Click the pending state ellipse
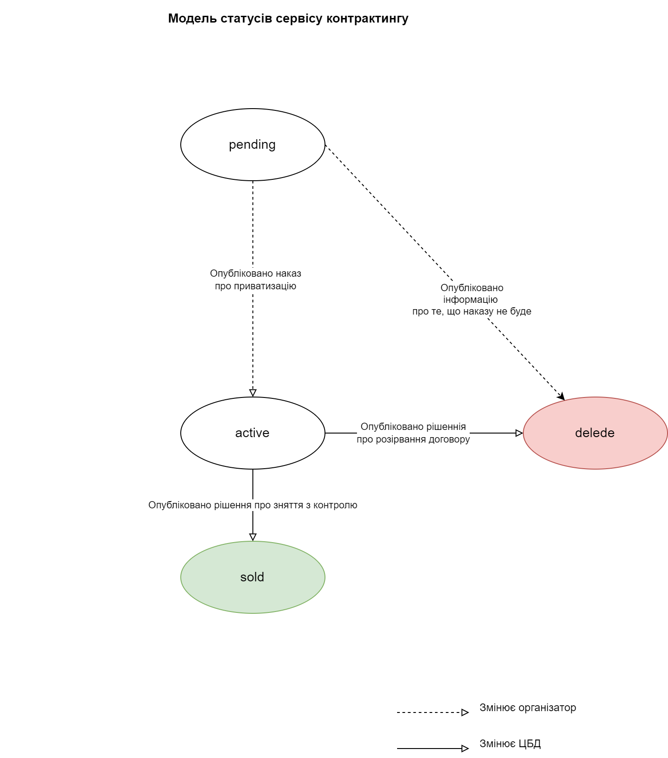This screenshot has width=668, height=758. pos(252,145)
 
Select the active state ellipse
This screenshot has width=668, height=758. pos(252,433)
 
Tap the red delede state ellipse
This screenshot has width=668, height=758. pos(595,433)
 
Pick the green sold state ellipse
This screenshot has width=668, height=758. pos(252,577)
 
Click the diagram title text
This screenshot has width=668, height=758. pos(288,18)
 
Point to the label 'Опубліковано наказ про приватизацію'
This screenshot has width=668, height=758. pos(255,279)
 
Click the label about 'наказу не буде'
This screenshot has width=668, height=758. pos(471,311)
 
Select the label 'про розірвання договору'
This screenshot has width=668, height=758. pos(413,439)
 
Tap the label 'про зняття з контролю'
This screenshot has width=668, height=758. pos(252,505)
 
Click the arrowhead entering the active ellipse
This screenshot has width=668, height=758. pos(253,393)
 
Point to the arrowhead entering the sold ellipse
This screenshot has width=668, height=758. pos(253,537)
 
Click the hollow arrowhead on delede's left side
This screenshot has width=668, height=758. pos(519,433)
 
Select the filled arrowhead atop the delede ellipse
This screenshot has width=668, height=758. pos(561,397)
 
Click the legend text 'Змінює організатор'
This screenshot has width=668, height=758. pos(527,708)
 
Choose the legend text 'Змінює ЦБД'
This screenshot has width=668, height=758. pos(510,744)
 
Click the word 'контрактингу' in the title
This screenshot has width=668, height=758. pos(367,18)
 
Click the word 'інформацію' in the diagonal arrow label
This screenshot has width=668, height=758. pos(470,300)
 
